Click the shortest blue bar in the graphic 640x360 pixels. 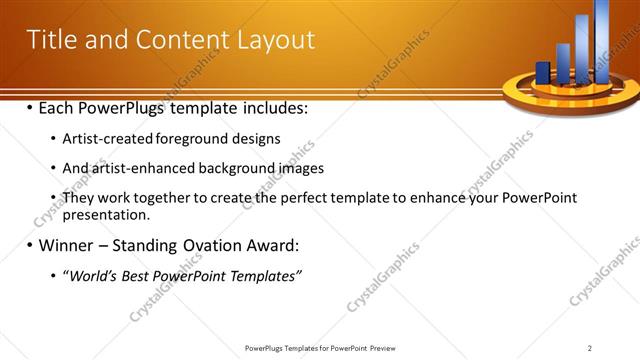tap(543, 72)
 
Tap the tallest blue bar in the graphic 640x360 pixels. tap(602, 40)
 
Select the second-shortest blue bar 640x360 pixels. tap(563, 62)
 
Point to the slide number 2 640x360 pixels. tap(589, 348)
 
